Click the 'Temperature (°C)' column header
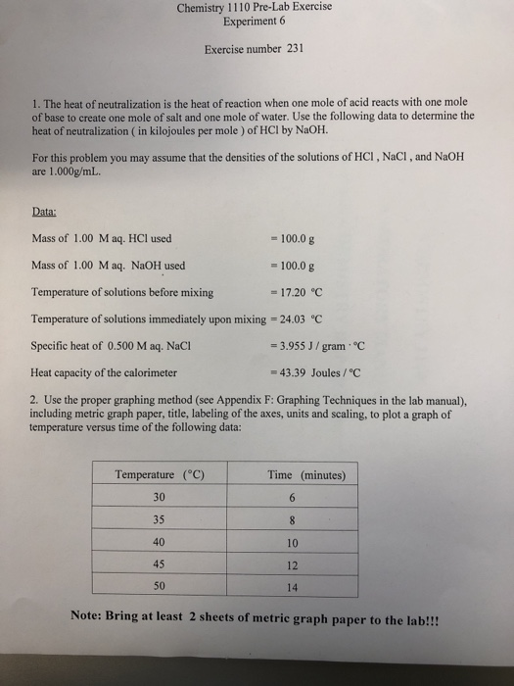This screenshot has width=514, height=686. (159, 475)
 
